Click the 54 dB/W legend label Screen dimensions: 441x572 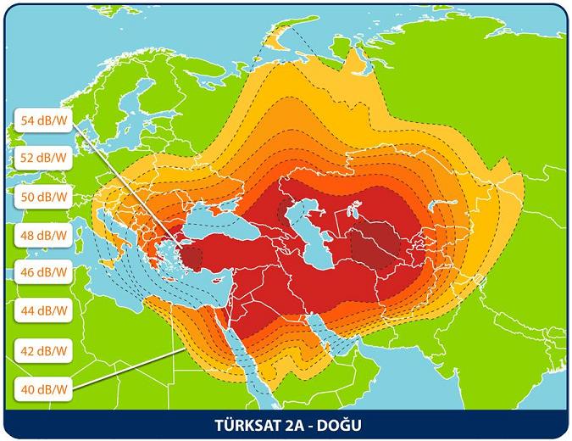pos(45,120)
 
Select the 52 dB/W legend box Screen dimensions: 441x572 pos(45,159)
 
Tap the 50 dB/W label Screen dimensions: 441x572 pos(45,197)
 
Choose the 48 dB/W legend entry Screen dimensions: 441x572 pos(45,235)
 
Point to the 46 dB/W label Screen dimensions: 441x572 pos(45,273)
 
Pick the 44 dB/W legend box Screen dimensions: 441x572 pos(45,311)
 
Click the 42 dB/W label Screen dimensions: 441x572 pos(45,349)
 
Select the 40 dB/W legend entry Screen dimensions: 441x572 pos(45,389)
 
